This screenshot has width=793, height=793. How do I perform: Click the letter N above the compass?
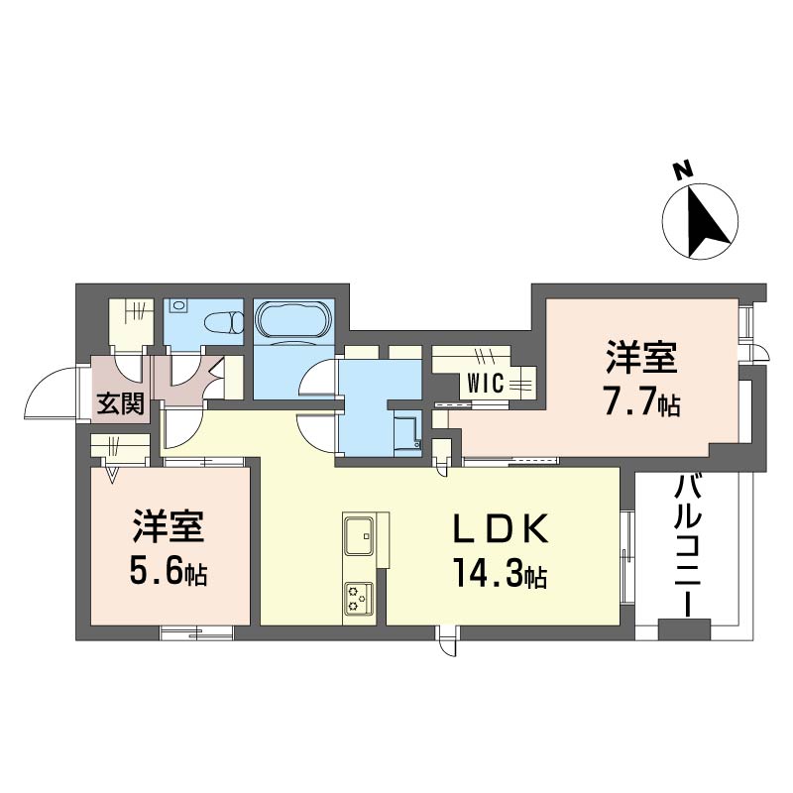(x=684, y=170)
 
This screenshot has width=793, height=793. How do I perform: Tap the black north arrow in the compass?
(x=708, y=221)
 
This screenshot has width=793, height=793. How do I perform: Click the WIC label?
(x=486, y=384)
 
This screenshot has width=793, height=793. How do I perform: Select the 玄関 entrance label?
(x=121, y=403)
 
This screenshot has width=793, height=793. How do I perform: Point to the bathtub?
(x=293, y=321)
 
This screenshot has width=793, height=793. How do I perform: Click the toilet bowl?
(x=224, y=321)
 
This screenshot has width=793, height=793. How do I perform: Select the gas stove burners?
(x=359, y=599)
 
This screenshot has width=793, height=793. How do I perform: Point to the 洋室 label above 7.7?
(x=641, y=358)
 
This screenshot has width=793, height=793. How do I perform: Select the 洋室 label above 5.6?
(x=168, y=526)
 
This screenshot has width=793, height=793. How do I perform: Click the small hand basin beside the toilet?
(x=178, y=306)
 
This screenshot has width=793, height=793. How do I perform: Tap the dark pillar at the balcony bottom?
(x=685, y=629)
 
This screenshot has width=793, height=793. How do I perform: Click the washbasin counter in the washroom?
(x=408, y=432)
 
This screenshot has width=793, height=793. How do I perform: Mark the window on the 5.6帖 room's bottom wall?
(x=197, y=632)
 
